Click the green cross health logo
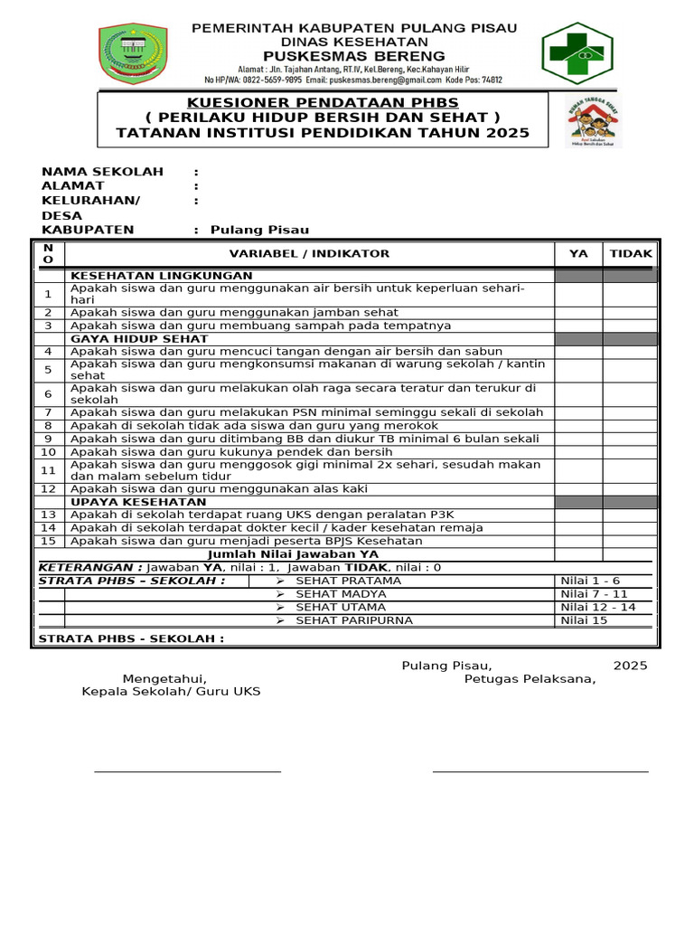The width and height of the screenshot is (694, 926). [577, 53]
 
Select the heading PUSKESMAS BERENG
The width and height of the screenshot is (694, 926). [354, 56]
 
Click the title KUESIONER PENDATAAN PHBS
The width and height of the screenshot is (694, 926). [323, 102]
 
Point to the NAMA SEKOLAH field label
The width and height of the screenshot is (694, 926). [103, 171]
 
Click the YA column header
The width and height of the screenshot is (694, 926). [578, 253]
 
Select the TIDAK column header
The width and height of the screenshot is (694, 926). [631, 253]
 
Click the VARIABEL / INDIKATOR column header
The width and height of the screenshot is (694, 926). [309, 253]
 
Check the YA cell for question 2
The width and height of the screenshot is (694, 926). [578, 312]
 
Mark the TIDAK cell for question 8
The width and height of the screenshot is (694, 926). [631, 425]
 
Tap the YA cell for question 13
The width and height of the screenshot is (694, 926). [578, 514]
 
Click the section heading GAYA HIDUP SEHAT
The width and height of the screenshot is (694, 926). [139, 338]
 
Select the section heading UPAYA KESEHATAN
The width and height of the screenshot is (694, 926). [138, 501]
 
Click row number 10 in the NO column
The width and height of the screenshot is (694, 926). [49, 451]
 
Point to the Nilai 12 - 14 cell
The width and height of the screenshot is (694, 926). [598, 607]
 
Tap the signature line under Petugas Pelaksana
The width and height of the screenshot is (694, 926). [540, 771]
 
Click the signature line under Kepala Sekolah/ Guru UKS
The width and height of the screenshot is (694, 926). [188, 771]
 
